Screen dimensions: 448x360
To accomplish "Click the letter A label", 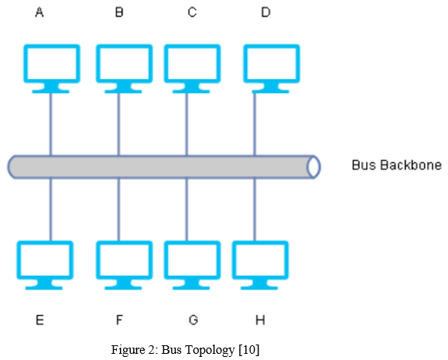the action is pos(39,12).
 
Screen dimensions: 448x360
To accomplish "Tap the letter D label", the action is pos(265,12).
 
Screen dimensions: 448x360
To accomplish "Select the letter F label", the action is pos(119,320).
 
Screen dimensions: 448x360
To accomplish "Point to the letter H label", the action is pos(260,320).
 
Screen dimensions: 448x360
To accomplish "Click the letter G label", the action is pos(193,320).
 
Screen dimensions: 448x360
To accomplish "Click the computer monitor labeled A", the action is pos(51,69).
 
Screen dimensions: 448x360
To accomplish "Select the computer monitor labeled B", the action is pos(125,69).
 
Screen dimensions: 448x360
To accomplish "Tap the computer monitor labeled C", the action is pos(192,69).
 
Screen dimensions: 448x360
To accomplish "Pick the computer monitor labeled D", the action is pos(272,69).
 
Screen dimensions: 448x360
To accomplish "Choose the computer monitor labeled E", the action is pos(45,266).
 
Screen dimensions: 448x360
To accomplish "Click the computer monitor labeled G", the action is pos(192,266).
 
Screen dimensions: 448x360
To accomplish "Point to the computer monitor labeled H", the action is pos(260,266).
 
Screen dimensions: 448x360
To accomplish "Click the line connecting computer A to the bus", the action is pos(51,125).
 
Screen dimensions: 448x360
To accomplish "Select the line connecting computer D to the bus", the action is pos(255,125).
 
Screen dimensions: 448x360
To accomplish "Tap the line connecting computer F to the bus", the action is pos(119,210).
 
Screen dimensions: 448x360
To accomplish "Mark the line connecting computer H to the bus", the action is pos(255,210).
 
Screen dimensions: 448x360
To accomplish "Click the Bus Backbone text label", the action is pos(397,165).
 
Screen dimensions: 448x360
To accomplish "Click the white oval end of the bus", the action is pos(313,167).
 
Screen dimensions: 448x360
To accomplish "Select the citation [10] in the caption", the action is pos(249,350).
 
